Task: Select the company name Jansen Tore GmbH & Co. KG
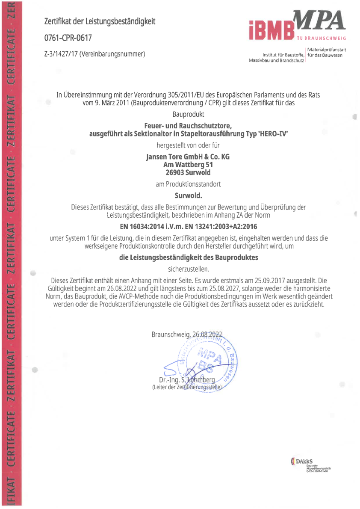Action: (188, 157)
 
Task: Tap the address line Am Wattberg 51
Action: (188, 165)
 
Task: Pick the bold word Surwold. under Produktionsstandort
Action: (188, 196)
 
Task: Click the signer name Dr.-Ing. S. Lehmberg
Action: (188, 379)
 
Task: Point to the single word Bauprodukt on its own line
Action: (188, 114)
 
